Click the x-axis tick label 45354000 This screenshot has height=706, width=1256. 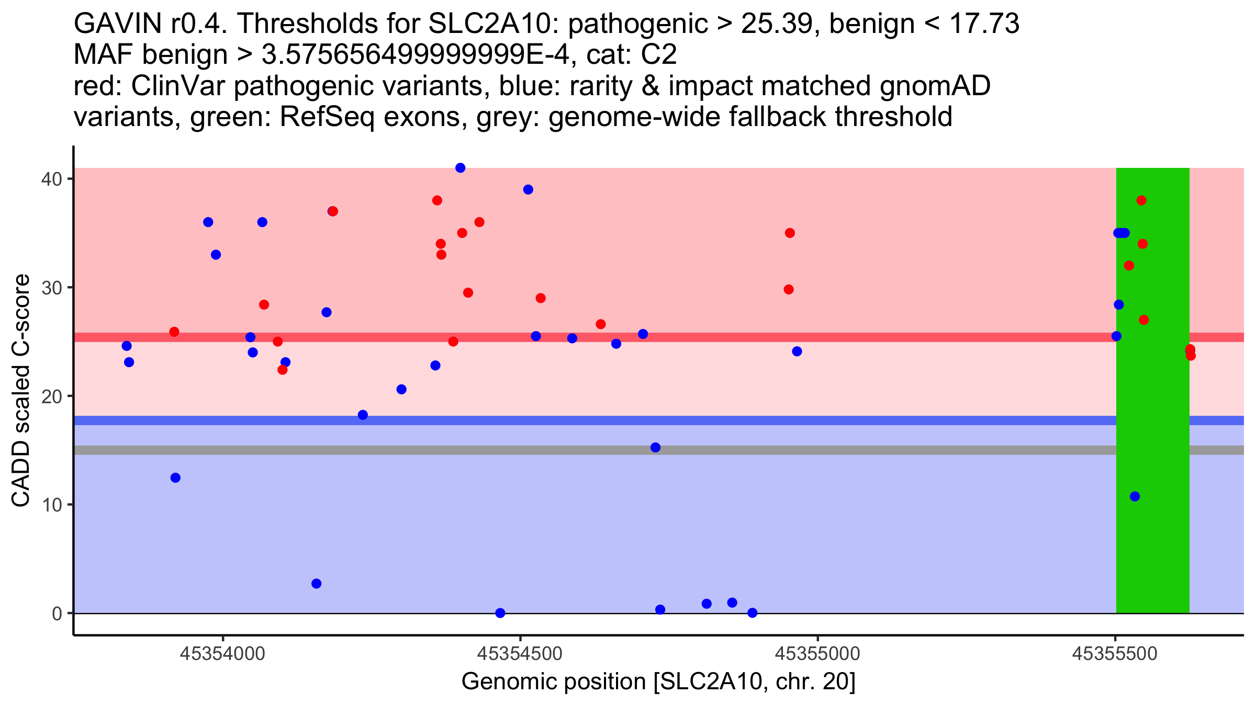pos(223,654)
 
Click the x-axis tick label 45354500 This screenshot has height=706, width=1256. pos(520,654)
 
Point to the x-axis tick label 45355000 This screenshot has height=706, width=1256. pos(817,654)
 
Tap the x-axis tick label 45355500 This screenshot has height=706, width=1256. pos(1115,654)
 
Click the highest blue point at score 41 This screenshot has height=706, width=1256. pos(461,168)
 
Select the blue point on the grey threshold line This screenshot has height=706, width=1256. pos(655,447)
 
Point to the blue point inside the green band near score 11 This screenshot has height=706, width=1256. pos(1135,496)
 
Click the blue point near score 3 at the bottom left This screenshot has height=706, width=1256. pos(316,584)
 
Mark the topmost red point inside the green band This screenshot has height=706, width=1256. pos(1141,200)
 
